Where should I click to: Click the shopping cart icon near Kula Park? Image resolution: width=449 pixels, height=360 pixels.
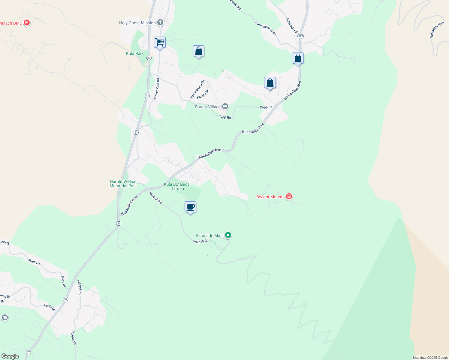(160, 42)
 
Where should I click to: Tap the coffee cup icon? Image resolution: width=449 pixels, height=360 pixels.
(190, 207)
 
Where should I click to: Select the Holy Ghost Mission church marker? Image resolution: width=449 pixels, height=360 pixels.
(160, 22)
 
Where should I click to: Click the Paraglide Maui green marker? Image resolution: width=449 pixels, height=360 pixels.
(228, 235)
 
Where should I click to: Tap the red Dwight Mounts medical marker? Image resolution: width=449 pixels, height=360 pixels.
(289, 196)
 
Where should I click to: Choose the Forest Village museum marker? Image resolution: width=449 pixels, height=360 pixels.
(225, 106)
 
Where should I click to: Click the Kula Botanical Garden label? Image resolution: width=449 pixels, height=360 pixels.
(177, 186)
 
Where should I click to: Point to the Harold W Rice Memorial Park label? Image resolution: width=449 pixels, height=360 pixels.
(123, 184)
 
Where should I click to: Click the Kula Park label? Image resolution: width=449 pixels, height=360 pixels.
(135, 53)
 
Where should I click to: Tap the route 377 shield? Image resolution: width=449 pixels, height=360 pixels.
(301, 36)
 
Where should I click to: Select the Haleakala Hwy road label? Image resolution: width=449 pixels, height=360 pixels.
(437, 30)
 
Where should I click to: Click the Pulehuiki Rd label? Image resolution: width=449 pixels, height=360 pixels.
(291, 25)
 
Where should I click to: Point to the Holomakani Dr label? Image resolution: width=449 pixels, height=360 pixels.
(197, 89)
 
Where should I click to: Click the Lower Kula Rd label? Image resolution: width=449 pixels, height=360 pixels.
(156, 88)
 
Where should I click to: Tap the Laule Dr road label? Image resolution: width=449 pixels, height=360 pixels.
(50, 307)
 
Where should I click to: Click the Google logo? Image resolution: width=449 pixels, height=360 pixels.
(10, 356)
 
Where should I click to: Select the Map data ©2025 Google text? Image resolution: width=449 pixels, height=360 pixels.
(430, 358)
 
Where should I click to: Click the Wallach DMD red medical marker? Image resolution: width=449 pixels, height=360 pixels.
(27, 22)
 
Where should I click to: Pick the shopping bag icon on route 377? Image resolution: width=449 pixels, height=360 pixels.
(298, 58)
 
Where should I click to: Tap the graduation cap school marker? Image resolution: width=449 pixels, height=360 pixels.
(5, 317)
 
